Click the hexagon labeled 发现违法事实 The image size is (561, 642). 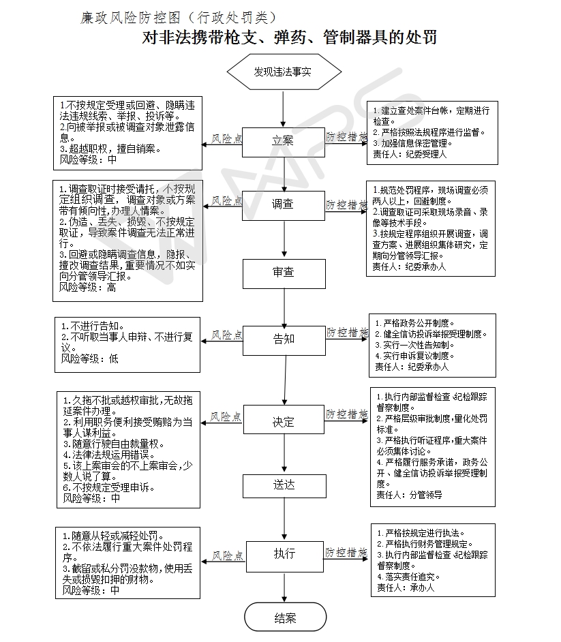pos(284,72)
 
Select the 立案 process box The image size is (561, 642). pos(284,142)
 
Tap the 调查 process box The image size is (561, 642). pos(284,206)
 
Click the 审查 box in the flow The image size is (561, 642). pos(284,273)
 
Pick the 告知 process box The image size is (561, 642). pos(284,340)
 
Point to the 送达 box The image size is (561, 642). pos(284,486)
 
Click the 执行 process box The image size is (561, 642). pos(285,557)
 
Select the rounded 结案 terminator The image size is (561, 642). pos(286,617)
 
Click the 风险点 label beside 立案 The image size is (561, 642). pos(227,139)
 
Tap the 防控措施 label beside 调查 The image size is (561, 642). pos(346,204)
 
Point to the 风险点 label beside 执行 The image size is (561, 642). pos(228,555)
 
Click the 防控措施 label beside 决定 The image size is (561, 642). pos(346,414)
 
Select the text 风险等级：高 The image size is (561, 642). pos(88,288)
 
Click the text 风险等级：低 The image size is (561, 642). pos(90,358)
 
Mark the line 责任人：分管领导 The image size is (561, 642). pos(409,495)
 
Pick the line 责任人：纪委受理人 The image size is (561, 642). pos(410,154)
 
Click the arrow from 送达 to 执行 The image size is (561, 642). pos(284,519)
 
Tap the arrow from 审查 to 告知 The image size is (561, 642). pos(284,307)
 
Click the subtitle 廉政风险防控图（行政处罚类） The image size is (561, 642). pos(179,17)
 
